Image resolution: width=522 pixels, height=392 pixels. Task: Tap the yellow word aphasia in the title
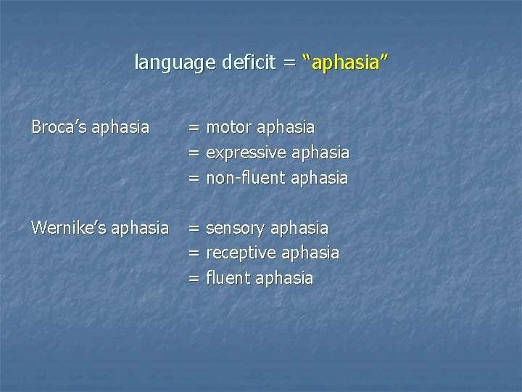(x=345, y=63)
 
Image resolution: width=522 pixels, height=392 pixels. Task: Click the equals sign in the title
(x=290, y=64)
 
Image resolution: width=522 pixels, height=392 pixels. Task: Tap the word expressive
(x=246, y=153)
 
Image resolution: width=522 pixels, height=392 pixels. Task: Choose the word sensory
(x=236, y=228)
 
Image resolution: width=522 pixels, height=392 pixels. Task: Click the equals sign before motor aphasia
(x=194, y=128)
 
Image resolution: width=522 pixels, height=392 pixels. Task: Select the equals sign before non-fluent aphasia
(x=194, y=179)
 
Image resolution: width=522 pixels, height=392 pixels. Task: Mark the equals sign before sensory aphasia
(x=194, y=229)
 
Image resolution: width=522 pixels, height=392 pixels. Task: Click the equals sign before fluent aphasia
(x=194, y=279)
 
